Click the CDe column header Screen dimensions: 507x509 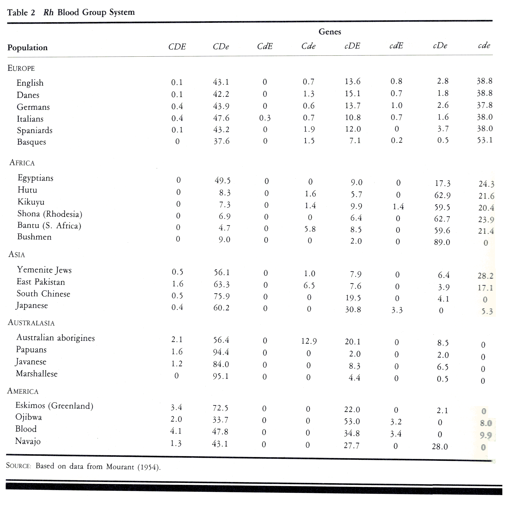point(220,47)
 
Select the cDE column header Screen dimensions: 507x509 point(352,46)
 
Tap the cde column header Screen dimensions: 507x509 point(484,45)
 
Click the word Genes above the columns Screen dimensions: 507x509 point(330,32)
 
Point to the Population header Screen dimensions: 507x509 point(27,48)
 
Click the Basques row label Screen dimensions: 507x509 point(31,142)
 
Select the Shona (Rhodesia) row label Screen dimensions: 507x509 point(50,214)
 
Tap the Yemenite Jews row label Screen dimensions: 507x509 point(44,270)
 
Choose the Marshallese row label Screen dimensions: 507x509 point(37,374)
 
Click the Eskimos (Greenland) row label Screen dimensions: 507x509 point(54,405)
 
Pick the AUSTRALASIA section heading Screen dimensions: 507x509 point(31,323)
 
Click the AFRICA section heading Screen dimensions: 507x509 point(22,163)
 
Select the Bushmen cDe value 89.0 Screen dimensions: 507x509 point(442,242)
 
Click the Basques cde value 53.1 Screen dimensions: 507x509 point(484,140)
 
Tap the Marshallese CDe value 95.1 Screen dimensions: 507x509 point(220,376)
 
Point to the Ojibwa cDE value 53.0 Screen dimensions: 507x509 point(352,421)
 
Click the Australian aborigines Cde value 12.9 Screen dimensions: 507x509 point(309,342)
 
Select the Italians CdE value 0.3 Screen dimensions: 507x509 point(265,118)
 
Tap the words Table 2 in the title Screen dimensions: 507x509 point(21,13)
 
